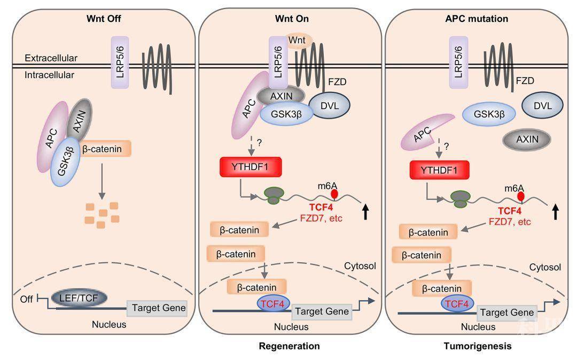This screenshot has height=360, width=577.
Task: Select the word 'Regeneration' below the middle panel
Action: (x=289, y=346)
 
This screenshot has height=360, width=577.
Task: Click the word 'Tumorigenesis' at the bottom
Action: (x=477, y=346)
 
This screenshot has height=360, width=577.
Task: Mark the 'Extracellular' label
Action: (x=51, y=58)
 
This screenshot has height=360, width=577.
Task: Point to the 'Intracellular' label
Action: (x=49, y=75)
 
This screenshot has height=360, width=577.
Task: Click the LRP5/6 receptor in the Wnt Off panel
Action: (x=120, y=62)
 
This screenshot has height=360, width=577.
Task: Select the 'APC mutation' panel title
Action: (x=477, y=19)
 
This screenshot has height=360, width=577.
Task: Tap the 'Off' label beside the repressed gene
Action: (x=25, y=300)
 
